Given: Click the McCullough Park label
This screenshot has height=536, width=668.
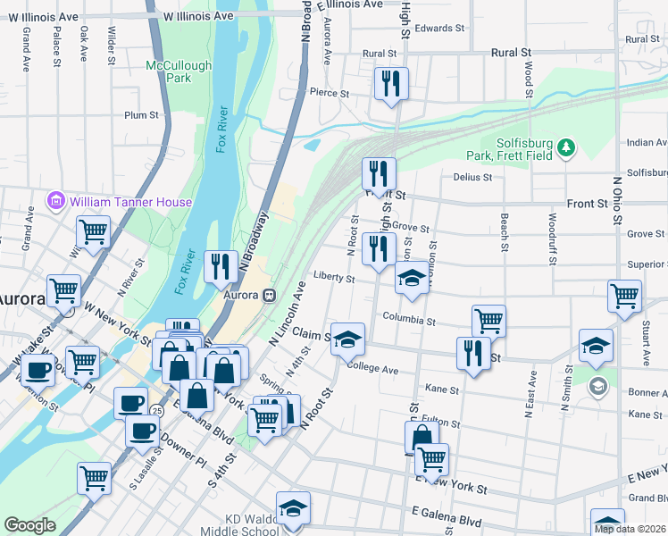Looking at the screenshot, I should click(x=179, y=71).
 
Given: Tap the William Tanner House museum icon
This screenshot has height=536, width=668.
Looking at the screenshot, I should click(x=58, y=202).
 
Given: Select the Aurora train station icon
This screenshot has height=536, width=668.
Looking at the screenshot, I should click(x=269, y=296).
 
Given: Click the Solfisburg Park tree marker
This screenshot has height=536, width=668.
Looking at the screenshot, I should click(x=565, y=147).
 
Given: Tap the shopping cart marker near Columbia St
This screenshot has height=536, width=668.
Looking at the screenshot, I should click(x=488, y=321).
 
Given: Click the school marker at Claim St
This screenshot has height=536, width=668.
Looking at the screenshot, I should click(x=348, y=339).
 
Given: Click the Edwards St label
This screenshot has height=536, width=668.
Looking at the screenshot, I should click(x=440, y=29).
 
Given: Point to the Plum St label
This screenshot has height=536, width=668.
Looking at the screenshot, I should click(x=141, y=115).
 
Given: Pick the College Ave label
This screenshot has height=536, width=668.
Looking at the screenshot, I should click(x=372, y=369).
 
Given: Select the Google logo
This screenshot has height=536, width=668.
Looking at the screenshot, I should click(x=30, y=525).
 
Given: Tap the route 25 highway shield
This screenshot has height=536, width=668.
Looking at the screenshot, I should click(x=156, y=410).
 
